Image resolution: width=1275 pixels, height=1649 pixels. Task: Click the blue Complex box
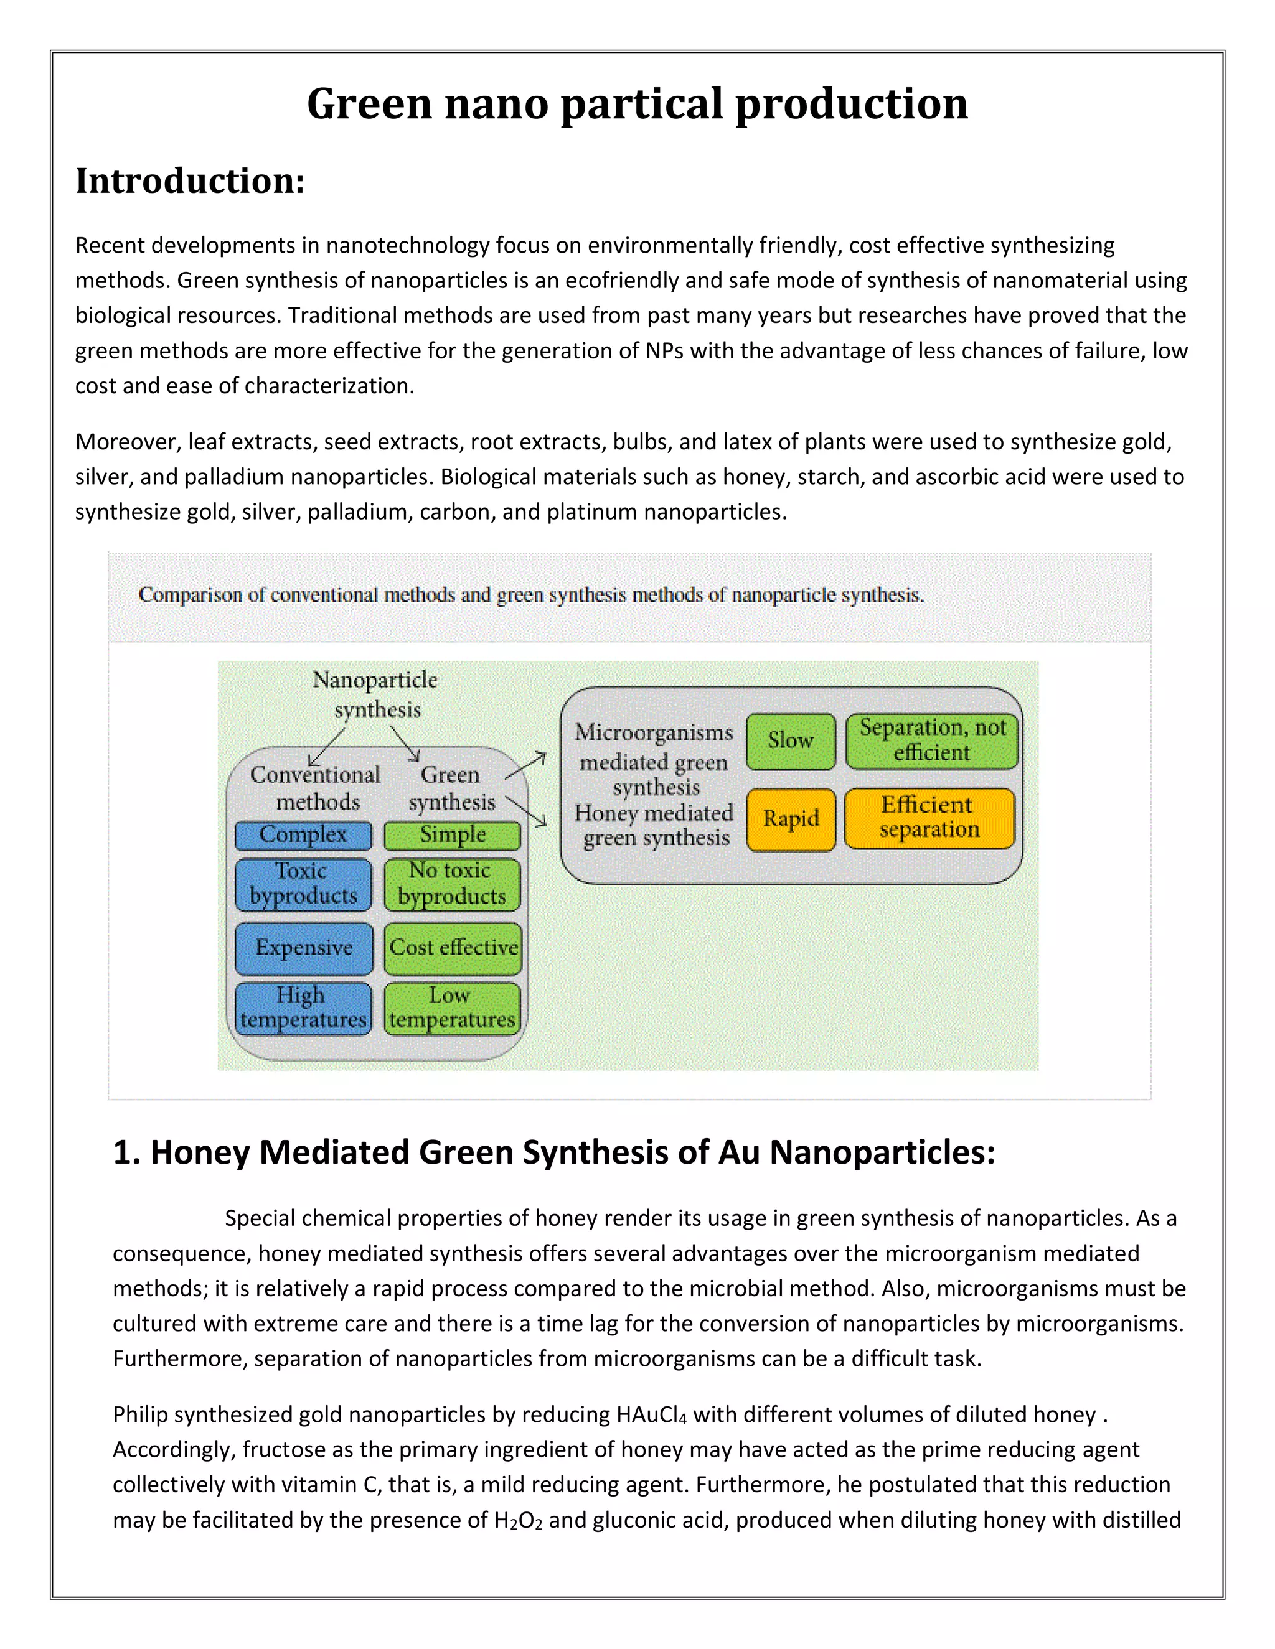pyautogui.click(x=303, y=835)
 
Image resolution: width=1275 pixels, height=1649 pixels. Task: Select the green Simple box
pyautogui.click(x=453, y=835)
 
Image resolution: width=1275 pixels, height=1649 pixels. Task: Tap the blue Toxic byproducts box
pyautogui.click(x=303, y=884)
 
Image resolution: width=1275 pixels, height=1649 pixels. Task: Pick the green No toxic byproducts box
pyautogui.click(x=453, y=884)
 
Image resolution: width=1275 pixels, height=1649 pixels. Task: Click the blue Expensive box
pyautogui.click(x=304, y=948)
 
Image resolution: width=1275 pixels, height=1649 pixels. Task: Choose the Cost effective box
pyautogui.click(x=453, y=948)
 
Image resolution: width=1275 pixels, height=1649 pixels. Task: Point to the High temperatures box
pyautogui.click(x=303, y=1008)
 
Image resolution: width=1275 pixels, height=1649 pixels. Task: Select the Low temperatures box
pyautogui.click(x=453, y=1008)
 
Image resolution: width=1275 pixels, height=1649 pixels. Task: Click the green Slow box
pyautogui.click(x=790, y=740)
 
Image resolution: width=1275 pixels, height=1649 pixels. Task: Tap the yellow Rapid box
pyautogui.click(x=790, y=820)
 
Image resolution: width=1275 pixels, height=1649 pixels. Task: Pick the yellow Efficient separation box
pyautogui.click(x=929, y=818)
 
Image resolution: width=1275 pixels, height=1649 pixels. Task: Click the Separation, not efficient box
pyautogui.click(x=932, y=740)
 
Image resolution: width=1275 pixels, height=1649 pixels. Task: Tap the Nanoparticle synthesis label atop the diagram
pyautogui.click(x=375, y=694)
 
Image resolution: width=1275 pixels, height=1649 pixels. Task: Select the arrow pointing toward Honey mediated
pyautogui.click(x=527, y=811)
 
